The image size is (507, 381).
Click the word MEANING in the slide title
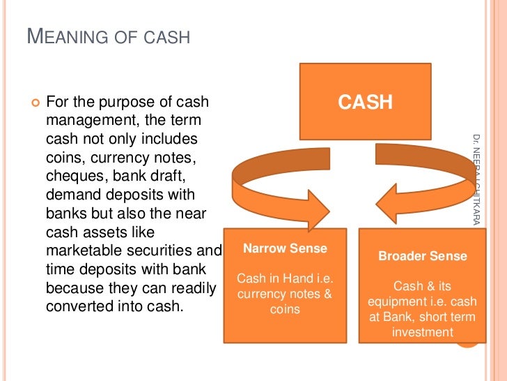point(67,36)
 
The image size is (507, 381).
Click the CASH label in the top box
point(365,103)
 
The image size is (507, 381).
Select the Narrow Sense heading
point(285,248)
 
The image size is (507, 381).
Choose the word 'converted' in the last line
point(76,306)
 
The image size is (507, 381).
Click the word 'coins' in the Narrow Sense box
point(284,309)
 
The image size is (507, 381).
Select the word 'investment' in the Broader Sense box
point(422,332)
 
